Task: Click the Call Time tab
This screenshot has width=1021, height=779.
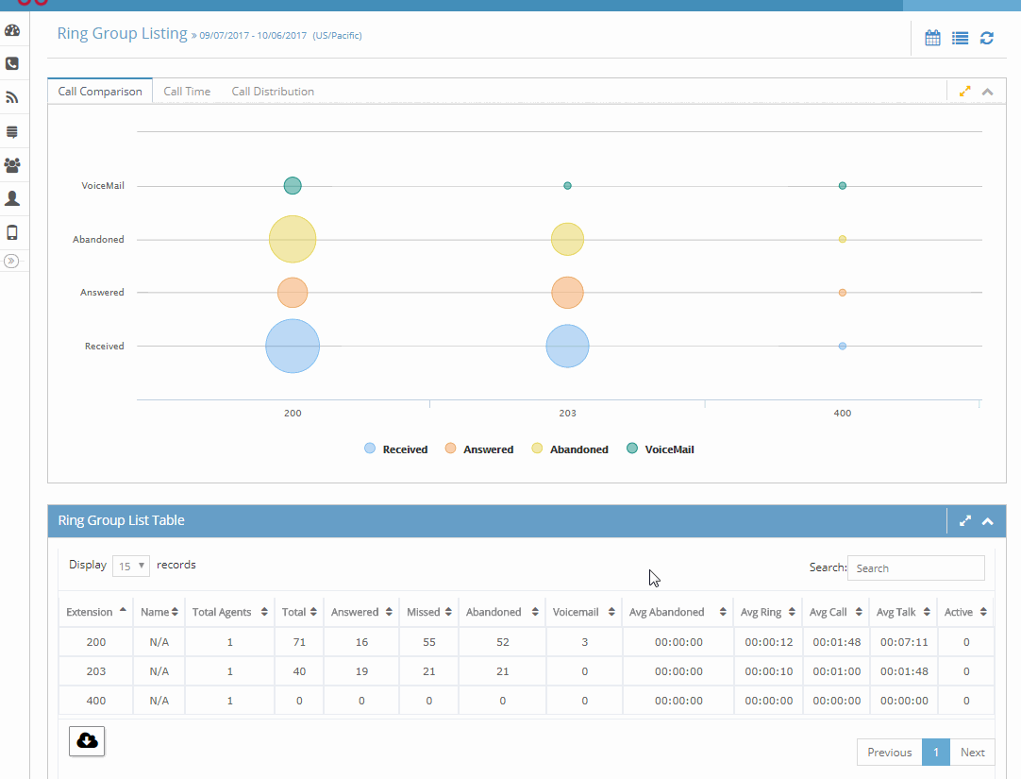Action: [187, 92]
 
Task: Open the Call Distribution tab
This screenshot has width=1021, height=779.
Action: [273, 92]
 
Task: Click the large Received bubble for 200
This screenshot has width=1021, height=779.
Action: [293, 346]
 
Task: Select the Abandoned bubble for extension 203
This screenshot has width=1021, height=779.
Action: [567, 239]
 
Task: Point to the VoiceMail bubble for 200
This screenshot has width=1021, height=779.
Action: [293, 186]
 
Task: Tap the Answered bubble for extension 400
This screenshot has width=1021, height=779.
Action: [842, 293]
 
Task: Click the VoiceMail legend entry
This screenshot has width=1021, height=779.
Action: [661, 449]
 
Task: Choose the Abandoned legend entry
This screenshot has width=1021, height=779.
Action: [570, 449]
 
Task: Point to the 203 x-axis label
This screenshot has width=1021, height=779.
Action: [567, 413]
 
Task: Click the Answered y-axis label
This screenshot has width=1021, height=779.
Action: [102, 293]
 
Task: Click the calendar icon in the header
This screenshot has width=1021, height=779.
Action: [932, 38]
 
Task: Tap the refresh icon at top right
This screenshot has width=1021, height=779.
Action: [986, 38]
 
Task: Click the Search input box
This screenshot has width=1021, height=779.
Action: [915, 568]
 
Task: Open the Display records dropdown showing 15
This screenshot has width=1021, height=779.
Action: [131, 566]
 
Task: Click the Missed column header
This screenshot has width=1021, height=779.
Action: [429, 612]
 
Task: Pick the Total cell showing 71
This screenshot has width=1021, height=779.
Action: [299, 641]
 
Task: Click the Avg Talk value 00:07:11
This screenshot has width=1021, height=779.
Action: [904, 641]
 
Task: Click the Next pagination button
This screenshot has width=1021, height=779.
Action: [972, 753]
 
